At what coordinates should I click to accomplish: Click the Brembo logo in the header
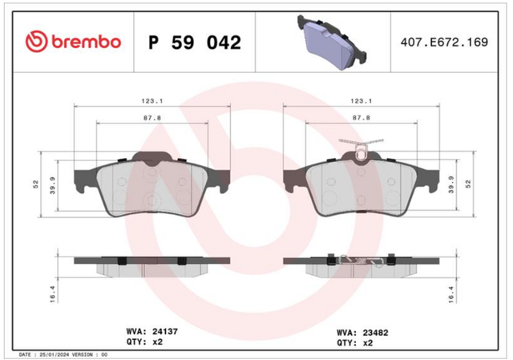click(x=73, y=42)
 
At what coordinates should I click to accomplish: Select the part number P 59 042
click(x=195, y=42)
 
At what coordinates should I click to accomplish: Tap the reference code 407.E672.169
click(x=444, y=42)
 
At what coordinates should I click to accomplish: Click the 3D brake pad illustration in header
click(x=331, y=42)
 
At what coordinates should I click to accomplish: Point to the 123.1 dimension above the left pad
click(x=152, y=101)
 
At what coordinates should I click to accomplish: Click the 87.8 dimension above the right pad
click(x=362, y=118)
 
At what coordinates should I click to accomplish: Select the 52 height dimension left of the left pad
click(x=35, y=184)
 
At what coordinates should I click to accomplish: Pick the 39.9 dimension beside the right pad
click(x=451, y=185)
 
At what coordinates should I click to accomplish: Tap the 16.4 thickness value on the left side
click(x=53, y=293)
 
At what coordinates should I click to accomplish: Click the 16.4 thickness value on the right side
click(x=451, y=293)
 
